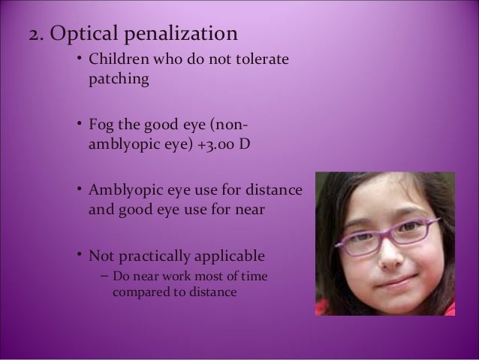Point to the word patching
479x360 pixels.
click(x=116, y=79)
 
